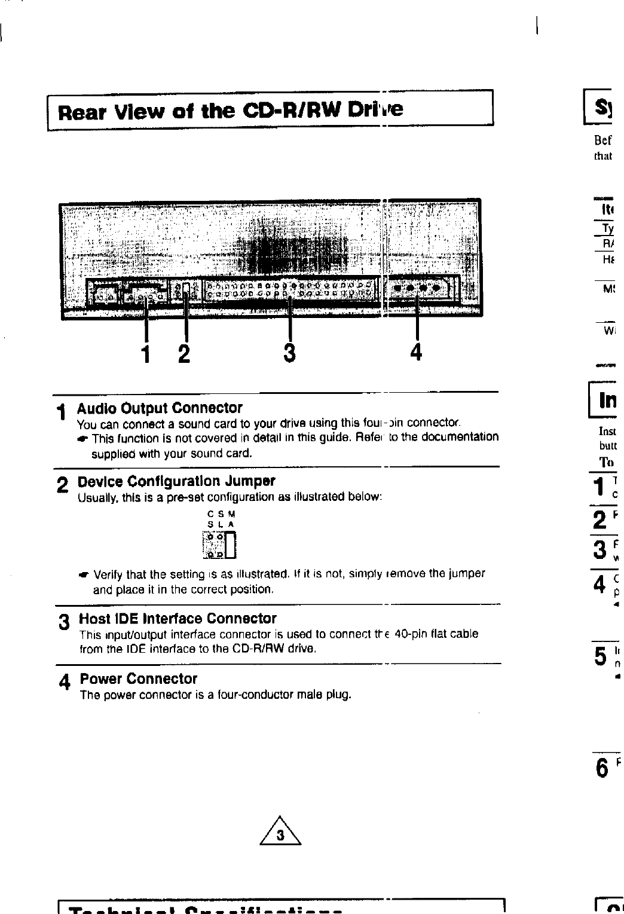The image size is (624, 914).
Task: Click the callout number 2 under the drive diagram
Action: coord(184,354)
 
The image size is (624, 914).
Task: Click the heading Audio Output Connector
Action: coord(160,408)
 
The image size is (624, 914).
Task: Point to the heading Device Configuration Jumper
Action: coord(176,481)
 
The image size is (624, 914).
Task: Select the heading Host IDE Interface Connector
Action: coord(178,618)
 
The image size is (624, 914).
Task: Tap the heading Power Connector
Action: coord(139,679)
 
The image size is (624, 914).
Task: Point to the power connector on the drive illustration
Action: coord(416,288)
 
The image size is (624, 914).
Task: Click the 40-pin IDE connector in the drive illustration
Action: coord(290,289)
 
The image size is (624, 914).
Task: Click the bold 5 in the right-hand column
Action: coord(601,656)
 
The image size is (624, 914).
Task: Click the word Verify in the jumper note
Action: coord(108,574)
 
